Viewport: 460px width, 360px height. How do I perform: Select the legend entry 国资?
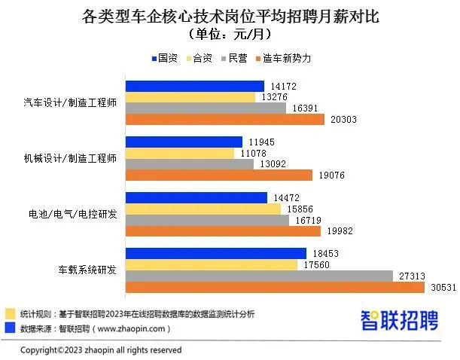(163, 58)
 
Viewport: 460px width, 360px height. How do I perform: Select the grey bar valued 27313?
(259, 276)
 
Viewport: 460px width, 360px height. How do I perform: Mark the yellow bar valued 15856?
(203, 209)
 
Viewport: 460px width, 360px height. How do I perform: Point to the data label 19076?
(329, 175)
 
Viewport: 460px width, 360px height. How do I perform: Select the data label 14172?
(282, 86)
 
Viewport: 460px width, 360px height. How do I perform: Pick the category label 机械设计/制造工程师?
(69, 158)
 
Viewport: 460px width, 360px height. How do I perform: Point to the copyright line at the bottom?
(100, 350)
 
